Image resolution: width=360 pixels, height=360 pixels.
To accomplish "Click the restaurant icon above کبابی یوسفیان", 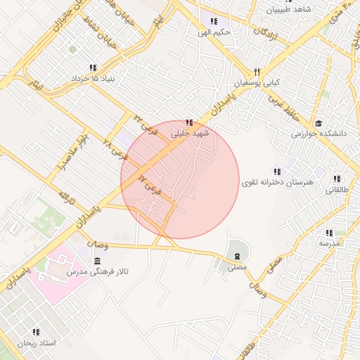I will click(257, 72).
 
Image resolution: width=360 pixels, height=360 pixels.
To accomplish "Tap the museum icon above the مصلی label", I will click(237, 255).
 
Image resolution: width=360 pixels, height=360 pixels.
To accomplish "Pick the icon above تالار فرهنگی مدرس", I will click(97, 260).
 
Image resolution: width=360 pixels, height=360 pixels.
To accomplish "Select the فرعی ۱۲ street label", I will click(150, 184).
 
